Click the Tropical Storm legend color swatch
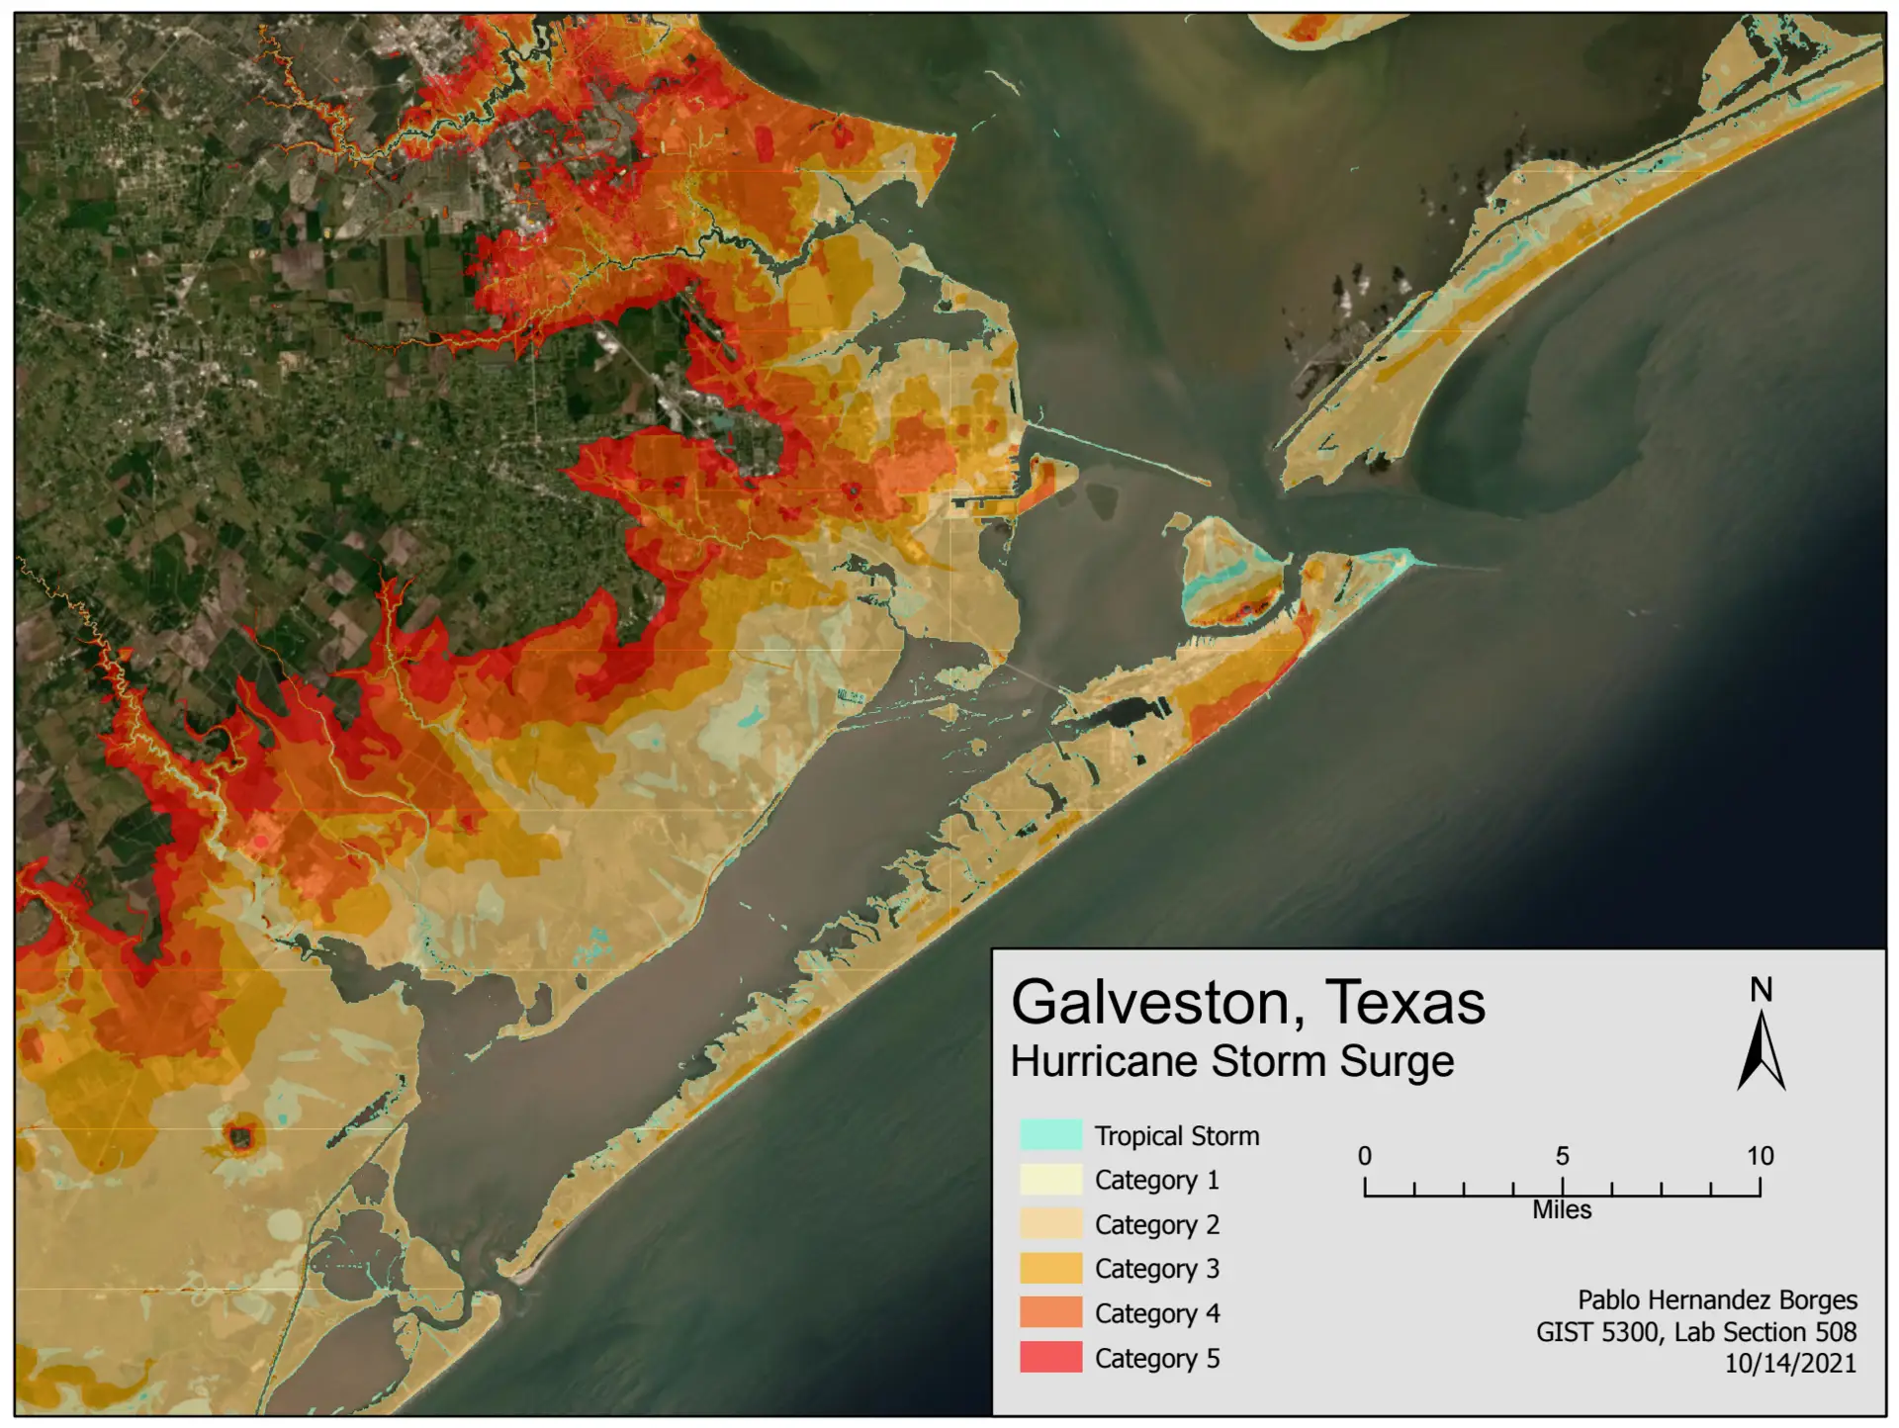[x=1050, y=1135]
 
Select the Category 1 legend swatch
[x=1050, y=1180]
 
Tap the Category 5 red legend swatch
[x=1050, y=1358]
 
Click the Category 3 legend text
[x=1156, y=1269]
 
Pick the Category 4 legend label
[x=1156, y=1313]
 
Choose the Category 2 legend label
[x=1156, y=1224]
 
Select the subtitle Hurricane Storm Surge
[x=1231, y=1061]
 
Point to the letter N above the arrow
[x=1761, y=990]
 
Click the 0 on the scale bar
[x=1364, y=1156]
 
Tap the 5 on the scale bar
[x=1562, y=1156]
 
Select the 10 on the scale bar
[x=1759, y=1156]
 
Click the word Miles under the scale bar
[x=1562, y=1210]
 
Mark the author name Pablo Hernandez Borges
[x=1716, y=1300]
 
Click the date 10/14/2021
[x=1789, y=1364]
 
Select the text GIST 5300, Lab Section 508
[x=1695, y=1332]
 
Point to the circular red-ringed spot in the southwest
[x=239, y=1136]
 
